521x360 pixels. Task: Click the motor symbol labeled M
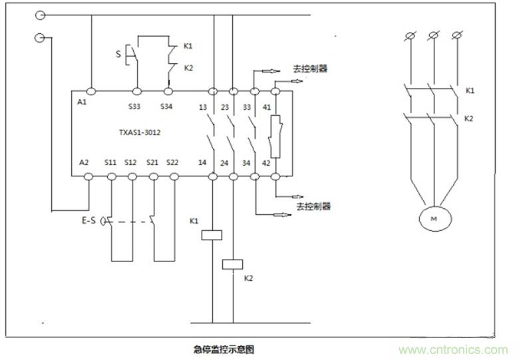[434, 218]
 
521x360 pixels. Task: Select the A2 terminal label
[84, 162]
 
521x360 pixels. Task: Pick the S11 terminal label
[110, 162]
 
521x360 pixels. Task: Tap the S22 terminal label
[172, 162]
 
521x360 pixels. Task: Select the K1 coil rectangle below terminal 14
[212, 234]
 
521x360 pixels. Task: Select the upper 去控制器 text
[310, 68]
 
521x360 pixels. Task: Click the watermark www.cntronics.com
[453, 349]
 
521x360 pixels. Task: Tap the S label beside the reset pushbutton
[118, 53]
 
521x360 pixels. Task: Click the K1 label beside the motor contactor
[470, 90]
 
